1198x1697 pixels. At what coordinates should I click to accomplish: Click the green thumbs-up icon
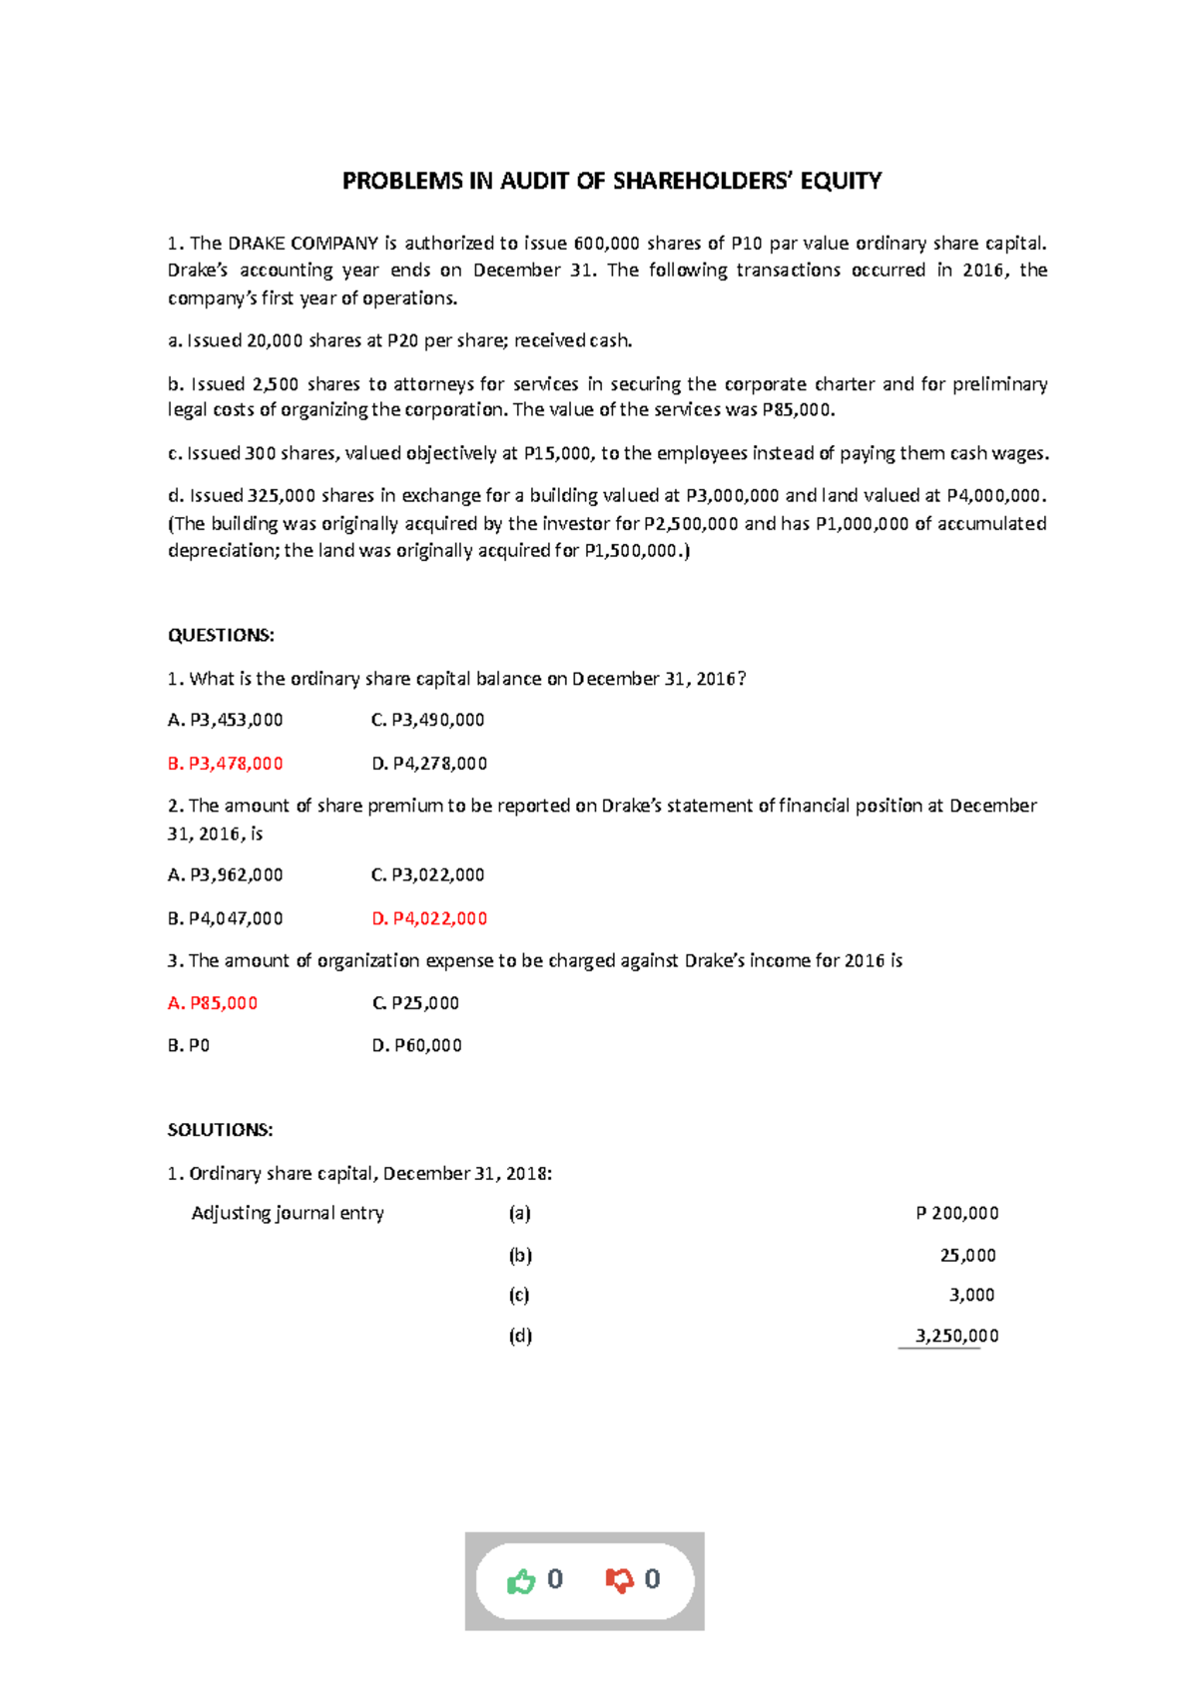[521, 1581]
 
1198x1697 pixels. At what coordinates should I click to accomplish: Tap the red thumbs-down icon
[619, 1580]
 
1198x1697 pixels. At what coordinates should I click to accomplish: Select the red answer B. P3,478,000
[226, 764]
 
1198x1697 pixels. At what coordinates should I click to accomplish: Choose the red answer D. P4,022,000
[429, 918]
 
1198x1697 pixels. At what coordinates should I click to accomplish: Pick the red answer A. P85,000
[213, 1003]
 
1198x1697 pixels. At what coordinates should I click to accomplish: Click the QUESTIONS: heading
[221, 636]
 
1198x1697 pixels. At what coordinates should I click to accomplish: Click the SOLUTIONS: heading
[220, 1130]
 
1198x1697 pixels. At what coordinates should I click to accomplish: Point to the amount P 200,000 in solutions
[956, 1214]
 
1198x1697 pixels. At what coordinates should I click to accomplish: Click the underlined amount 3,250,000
[956, 1336]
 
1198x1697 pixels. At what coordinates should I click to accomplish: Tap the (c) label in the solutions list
[519, 1295]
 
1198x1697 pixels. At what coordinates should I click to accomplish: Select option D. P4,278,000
[429, 764]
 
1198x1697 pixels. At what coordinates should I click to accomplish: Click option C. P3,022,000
[427, 875]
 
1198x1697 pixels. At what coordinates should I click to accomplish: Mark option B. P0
[189, 1046]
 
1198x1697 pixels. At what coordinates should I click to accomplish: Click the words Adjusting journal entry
[288, 1214]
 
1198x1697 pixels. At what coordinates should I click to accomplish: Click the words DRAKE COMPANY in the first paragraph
[303, 244]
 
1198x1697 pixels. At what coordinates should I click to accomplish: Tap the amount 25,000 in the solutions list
[967, 1256]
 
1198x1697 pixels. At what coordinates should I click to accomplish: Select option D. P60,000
[416, 1046]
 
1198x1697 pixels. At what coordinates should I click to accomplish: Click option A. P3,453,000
[226, 720]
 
